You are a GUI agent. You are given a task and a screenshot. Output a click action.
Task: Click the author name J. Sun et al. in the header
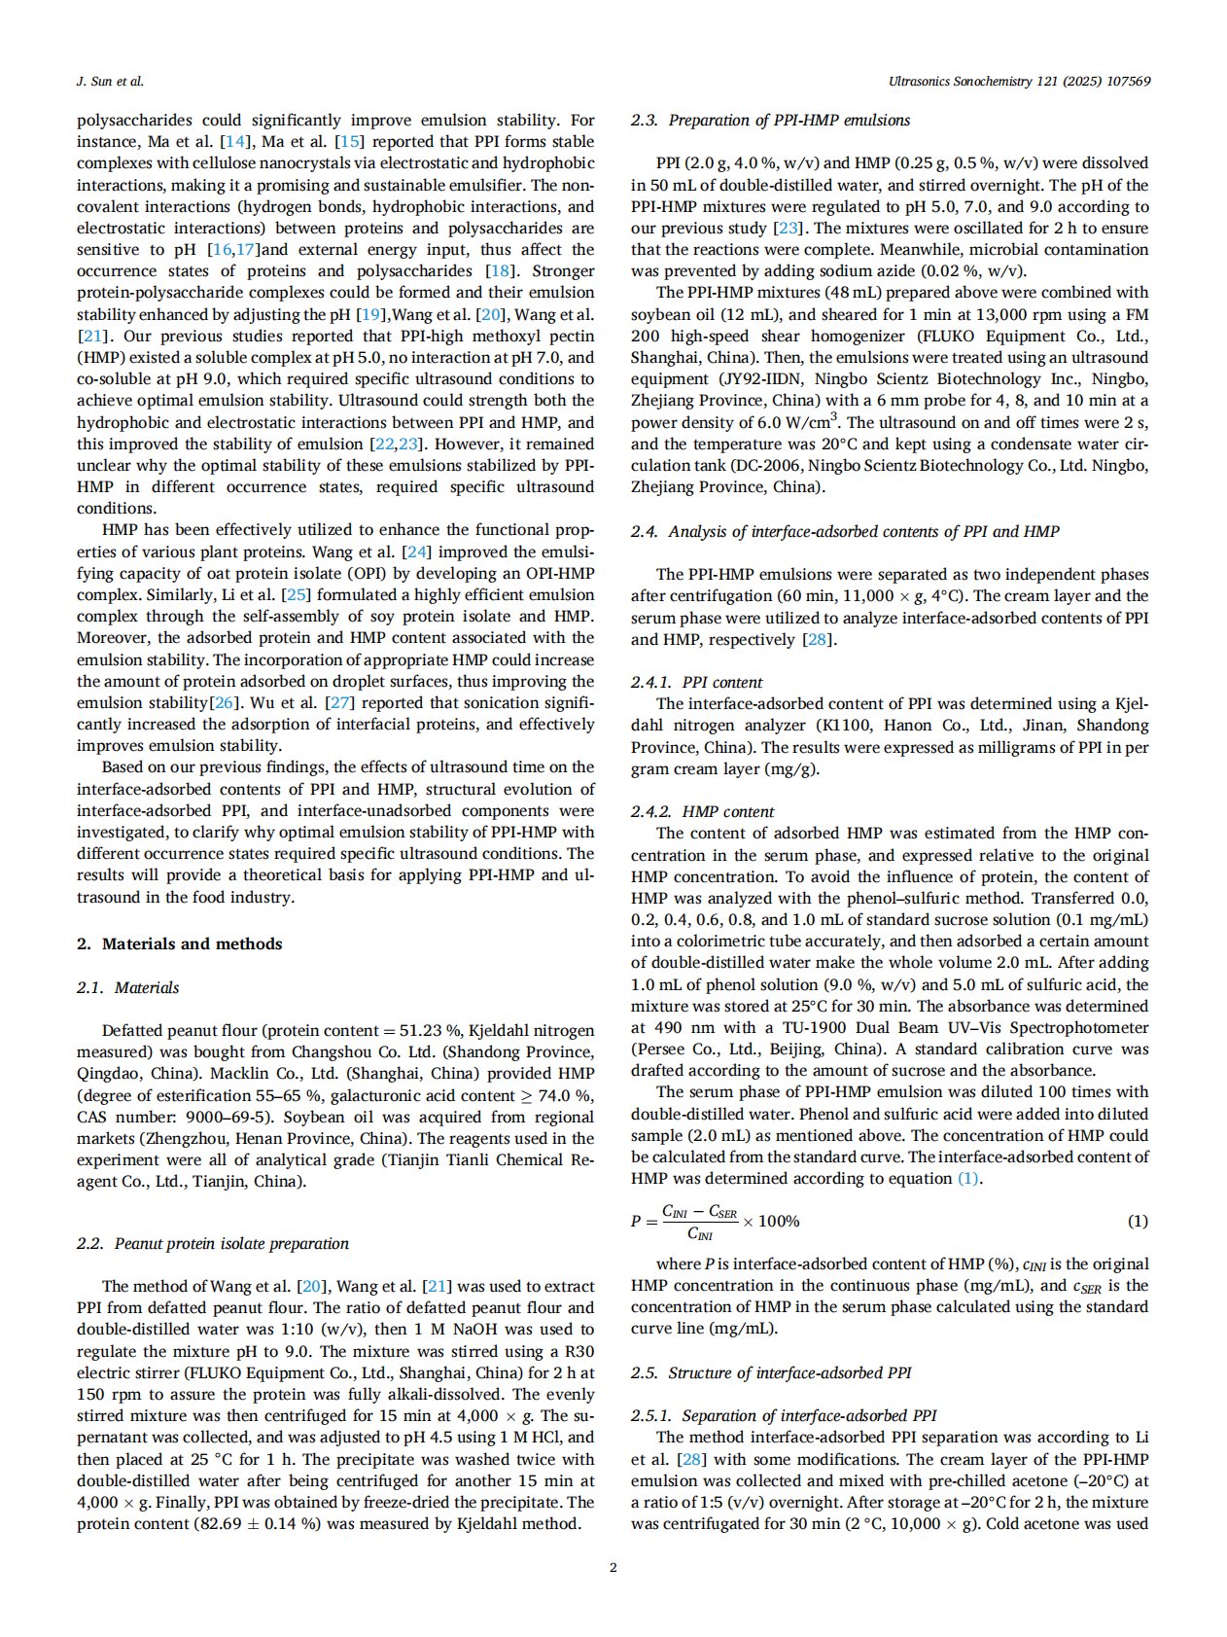[110, 82]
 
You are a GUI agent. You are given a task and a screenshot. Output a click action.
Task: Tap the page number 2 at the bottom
[613, 1567]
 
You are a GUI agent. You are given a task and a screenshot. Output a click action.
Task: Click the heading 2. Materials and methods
[180, 943]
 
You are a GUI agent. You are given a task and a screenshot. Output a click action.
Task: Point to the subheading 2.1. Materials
[128, 987]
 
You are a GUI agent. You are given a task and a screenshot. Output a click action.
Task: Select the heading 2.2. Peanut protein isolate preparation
[212, 1243]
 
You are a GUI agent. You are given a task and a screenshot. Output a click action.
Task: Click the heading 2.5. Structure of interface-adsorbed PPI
[771, 1372]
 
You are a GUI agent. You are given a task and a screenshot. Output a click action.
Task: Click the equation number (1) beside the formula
[1137, 1221]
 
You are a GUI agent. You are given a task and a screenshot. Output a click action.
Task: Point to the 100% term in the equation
[779, 1221]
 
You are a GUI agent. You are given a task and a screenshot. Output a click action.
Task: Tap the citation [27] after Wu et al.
[339, 702]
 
